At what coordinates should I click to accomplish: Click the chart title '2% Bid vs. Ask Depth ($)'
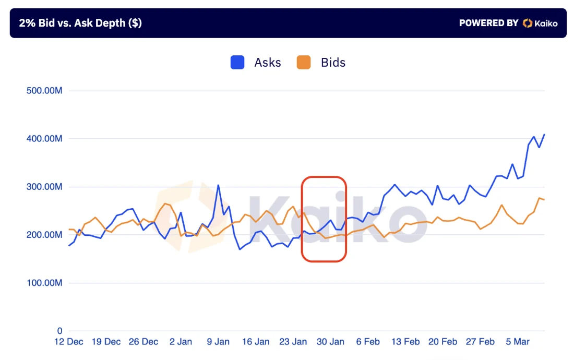coord(80,23)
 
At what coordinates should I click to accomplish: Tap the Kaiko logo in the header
coord(540,23)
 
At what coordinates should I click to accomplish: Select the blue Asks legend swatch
coord(237,63)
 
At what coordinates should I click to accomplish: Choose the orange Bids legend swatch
coord(303,63)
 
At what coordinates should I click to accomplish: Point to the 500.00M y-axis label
coord(44,91)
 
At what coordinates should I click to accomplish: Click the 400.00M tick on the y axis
coord(44,139)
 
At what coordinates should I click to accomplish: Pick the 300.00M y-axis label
coord(44,187)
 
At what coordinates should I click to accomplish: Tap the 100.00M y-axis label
coord(44,283)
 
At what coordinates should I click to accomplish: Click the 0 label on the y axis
coord(60,331)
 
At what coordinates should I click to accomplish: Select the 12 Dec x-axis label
coord(69,342)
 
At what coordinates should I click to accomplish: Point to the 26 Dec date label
coord(143,342)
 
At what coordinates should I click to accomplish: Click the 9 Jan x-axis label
coord(218,342)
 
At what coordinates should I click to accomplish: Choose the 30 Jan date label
coord(330,342)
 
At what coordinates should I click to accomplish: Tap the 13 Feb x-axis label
coord(405,342)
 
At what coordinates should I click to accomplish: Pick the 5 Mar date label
coord(518,342)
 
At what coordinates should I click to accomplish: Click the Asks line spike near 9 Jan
coord(218,185)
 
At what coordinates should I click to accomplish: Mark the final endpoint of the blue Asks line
coord(544,135)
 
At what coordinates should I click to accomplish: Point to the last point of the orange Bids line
coord(544,200)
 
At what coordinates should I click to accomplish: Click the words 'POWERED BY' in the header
coord(488,23)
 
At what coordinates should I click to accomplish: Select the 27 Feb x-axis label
coord(480,342)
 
